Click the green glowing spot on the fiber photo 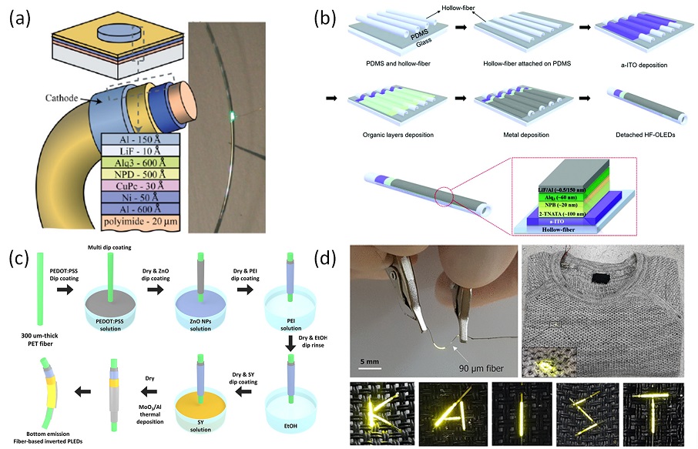pyautogui.click(x=233, y=117)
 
